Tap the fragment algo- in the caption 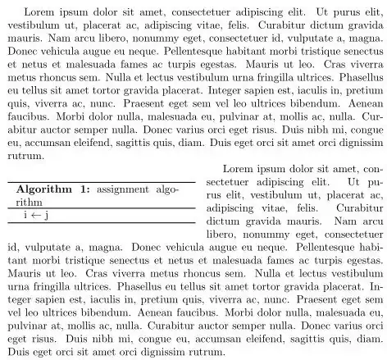tap(166, 189)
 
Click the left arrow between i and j tap(36, 214)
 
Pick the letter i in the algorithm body tap(25, 214)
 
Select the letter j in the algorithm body tap(48, 214)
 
